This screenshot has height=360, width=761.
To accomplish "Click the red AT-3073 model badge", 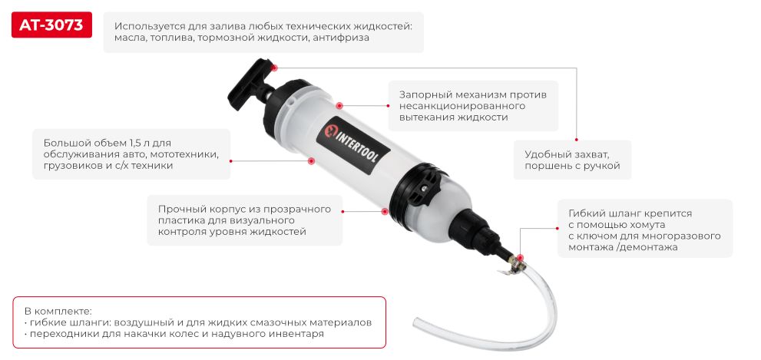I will (x=52, y=25).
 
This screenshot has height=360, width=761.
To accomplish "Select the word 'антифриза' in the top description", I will (x=342, y=38).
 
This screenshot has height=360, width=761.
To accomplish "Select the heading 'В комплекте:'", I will (x=58, y=312).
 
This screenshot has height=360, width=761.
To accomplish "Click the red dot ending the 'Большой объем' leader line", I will (x=312, y=160).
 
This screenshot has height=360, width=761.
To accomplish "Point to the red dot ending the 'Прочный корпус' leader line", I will (x=384, y=210).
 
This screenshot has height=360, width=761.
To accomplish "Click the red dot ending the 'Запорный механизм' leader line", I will (x=338, y=105).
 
